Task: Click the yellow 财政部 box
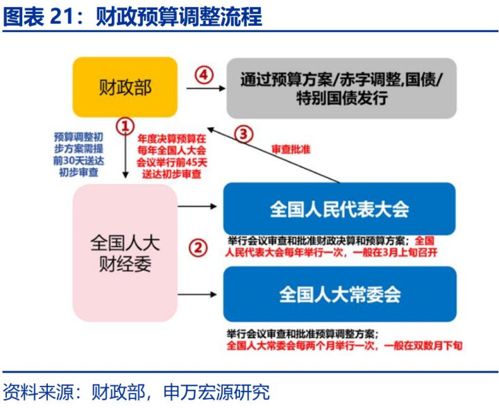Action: pyautogui.click(x=125, y=87)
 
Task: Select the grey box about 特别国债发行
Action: pyautogui.click(x=341, y=88)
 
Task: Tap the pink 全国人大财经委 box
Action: pyautogui.click(x=125, y=253)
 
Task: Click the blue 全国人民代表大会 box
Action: pyautogui.click(x=339, y=209)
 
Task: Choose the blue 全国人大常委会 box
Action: pyautogui.click(x=340, y=294)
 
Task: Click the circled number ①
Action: pyautogui.click(x=125, y=126)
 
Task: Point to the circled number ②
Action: pyautogui.click(x=198, y=248)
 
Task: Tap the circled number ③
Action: pyautogui.click(x=244, y=134)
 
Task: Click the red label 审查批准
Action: pyautogui.click(x=291, y=149)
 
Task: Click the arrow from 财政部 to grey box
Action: pyautogui.click(x=205, y=88)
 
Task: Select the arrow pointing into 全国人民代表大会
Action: pyautogui.click(x=197, y=207)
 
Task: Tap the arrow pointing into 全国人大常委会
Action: pyautogui.click(x=197, y=294)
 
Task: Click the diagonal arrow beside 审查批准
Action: pyautogui.click(x=273, y=155)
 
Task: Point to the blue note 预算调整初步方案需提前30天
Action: pyautogui.click(x=78, y=155)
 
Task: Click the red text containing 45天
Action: pyautogui.click(x=172, y=156)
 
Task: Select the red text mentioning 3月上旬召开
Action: pyautogui.click(x=331, y=246)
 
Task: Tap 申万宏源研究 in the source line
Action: pyautogui.click(x=217, y=392)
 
